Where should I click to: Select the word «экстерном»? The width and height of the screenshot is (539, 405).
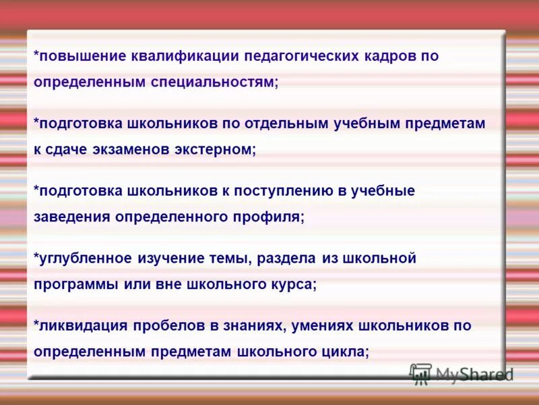tap(220, 149)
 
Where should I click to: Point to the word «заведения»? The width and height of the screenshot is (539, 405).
tap(72, 217)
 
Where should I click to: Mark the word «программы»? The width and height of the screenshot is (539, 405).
tap(75, 284)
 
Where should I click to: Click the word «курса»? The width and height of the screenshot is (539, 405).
tap(293, 284)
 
